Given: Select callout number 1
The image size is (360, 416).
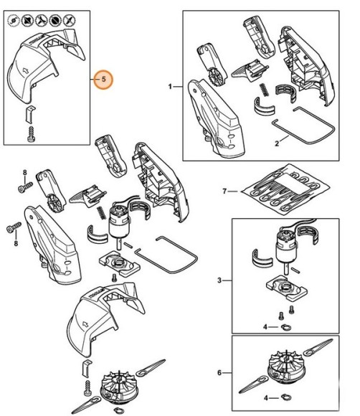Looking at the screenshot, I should coord(171,86).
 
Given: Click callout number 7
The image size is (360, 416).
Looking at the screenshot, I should coord(224,191).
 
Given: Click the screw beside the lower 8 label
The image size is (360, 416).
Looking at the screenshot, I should coord(12,228).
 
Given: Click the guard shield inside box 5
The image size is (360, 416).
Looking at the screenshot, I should coord(43,65).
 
